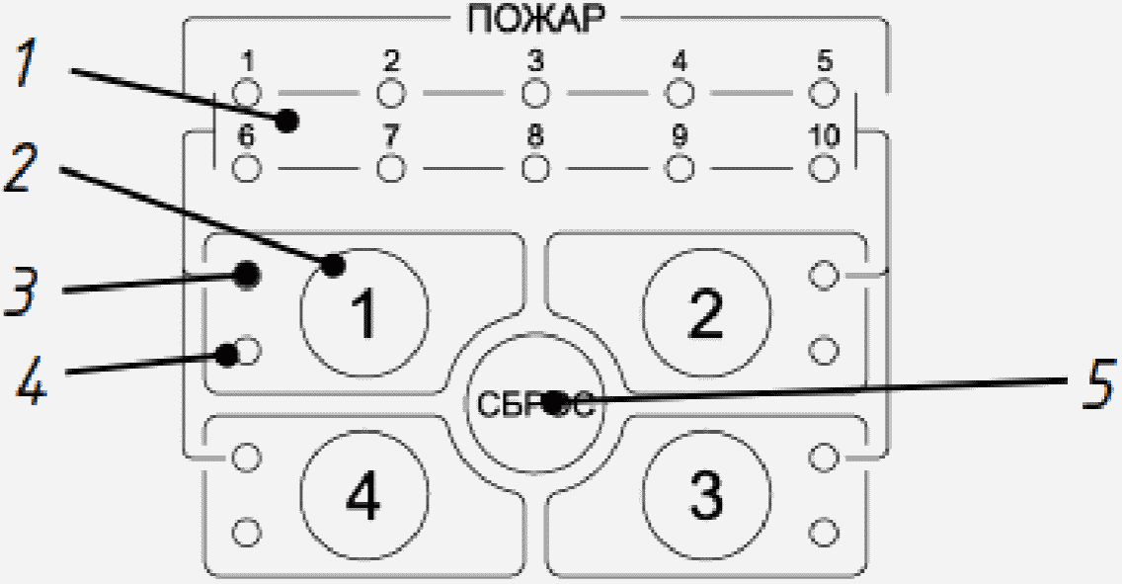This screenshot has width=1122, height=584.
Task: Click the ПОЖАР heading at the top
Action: (535, 20)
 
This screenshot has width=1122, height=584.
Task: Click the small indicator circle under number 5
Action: (823, 94)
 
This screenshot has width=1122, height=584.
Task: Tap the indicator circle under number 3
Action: (534, 94)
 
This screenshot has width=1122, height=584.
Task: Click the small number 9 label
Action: (679, 136)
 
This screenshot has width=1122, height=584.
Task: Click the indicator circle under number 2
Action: (391, 94)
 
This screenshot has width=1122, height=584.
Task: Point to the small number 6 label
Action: (247, 136)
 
